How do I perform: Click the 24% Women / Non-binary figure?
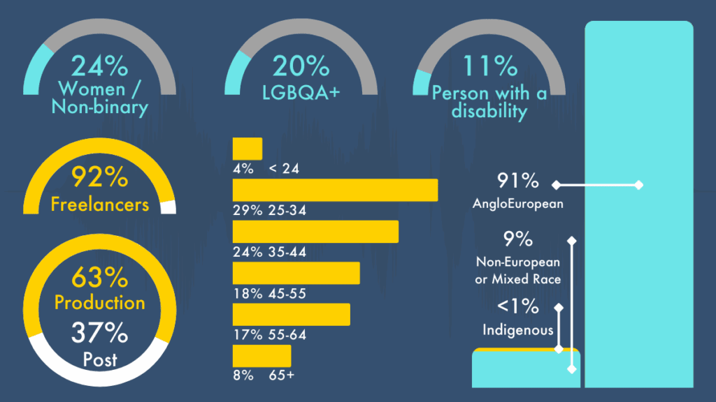pos(99,66)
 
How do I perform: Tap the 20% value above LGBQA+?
pos(301,66)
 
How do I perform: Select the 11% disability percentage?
pos(490,66)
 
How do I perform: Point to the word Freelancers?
pos(99,204)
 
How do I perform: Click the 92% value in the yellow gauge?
pos(99,177)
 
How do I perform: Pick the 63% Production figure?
pos(99,277)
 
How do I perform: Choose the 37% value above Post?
pos(99,332)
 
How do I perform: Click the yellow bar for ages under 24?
pos(248,149)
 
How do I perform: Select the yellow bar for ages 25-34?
pos(335,190)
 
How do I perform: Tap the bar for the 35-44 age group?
pos(315,232)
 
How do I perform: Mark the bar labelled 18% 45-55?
pos(296,273)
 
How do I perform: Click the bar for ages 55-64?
pos(292,315)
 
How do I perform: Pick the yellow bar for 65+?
pos(262,356)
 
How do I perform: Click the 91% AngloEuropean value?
pos(518,181)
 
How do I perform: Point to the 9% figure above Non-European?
pos(518,239)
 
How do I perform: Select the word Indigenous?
pos(518,330)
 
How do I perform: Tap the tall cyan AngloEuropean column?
pos(639,204)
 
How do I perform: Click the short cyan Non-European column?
pos(526,369)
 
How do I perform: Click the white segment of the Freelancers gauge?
pos(168,207)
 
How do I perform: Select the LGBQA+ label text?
pos(301,93)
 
